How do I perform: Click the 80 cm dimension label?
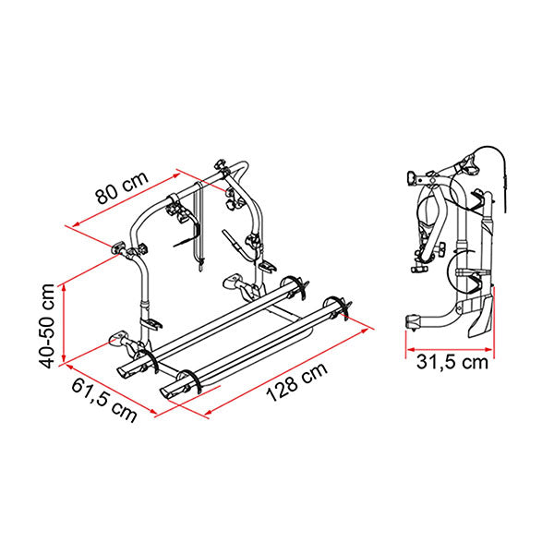point(122,188)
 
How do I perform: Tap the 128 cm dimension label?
point(296,382)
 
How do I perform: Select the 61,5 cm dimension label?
point(104,401)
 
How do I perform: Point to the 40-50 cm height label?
point(47,326)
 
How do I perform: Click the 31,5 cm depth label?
point(452,362)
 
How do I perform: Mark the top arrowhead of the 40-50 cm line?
point(64,287)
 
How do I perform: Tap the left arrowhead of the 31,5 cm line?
point(410,349)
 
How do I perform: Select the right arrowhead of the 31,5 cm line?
point(489,349)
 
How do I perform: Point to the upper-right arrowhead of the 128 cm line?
point(365,331)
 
